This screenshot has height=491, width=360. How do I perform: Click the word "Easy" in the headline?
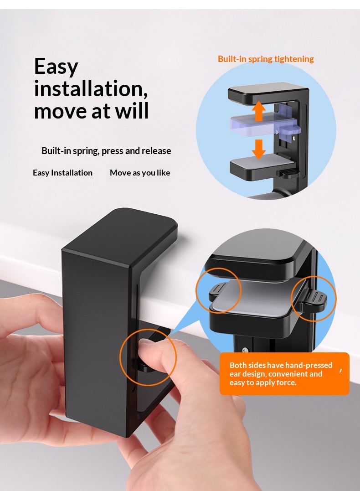56,67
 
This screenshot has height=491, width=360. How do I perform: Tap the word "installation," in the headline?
91,88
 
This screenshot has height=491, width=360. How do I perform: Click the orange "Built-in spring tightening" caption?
266,59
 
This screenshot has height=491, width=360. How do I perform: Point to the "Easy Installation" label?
62,172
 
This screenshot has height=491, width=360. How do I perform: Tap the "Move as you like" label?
140,172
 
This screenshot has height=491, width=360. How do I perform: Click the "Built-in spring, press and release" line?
106,150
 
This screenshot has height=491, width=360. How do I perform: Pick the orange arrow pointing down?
258,149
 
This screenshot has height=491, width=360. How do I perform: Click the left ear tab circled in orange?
216,290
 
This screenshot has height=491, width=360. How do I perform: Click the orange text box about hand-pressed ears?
284,373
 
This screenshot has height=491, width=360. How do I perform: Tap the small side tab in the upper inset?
289,172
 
